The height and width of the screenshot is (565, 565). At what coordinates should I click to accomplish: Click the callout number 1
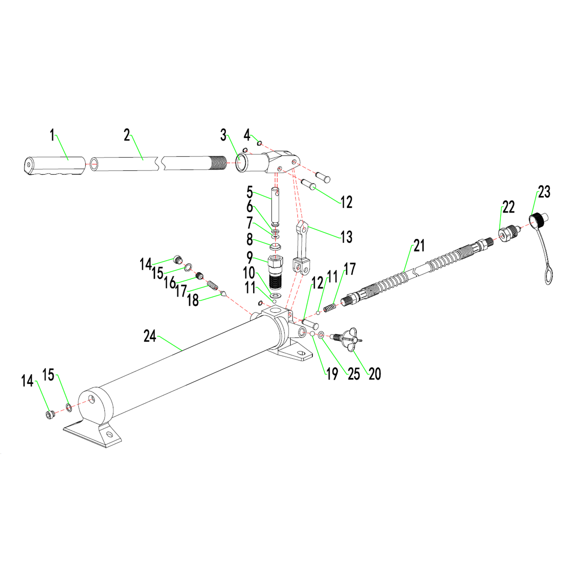tap(52, 135)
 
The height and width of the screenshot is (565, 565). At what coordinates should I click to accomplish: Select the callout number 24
tap(150, 336)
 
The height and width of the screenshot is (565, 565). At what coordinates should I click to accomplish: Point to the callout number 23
tap(544, 192)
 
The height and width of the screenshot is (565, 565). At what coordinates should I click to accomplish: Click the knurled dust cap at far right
tap(537, 219)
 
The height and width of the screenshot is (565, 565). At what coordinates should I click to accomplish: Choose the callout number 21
tap(419, 246)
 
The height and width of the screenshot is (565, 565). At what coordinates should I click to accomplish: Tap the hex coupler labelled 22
tap(505, 233)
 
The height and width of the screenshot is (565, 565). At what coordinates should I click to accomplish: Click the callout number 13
tap(346, 237)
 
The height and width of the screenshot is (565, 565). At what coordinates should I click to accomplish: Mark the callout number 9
tap(249, 257)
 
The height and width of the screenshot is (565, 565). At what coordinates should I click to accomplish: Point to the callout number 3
tap(223, 135)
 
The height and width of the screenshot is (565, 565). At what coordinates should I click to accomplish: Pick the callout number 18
tap(193, 300)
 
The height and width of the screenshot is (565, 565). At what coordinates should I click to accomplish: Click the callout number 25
tap(354, 374)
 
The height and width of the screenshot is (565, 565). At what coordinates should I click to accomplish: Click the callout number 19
tap(332, 374)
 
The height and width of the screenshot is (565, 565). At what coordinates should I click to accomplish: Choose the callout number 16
tap(170, 282)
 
